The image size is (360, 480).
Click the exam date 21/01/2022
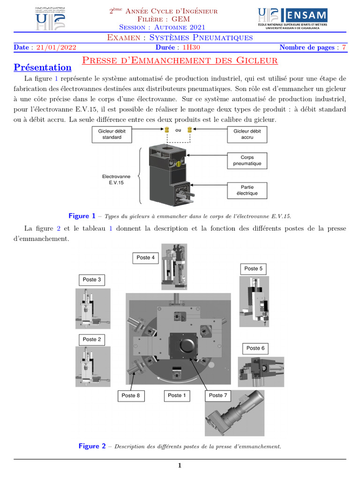coord(56,47)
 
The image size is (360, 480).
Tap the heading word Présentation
coord(43,67)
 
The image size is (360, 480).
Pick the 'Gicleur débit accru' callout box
coord(247,134)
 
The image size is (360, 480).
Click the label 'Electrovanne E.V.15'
coord(116,180)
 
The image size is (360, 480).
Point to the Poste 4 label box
coord(145,257)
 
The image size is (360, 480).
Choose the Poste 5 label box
coord(254,269)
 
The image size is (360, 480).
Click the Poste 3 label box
coord(92,279)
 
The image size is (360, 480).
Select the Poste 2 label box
coord(92,339)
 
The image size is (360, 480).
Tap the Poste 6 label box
coord(255,348)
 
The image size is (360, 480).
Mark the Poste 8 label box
coord(131,396)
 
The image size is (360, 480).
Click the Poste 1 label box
coord(177,396)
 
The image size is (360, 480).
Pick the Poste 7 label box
coord(218,396)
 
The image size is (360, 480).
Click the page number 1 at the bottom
coord(180,465)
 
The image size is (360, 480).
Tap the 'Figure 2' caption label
coord(92,446)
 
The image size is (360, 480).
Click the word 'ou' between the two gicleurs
coord(178,130)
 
